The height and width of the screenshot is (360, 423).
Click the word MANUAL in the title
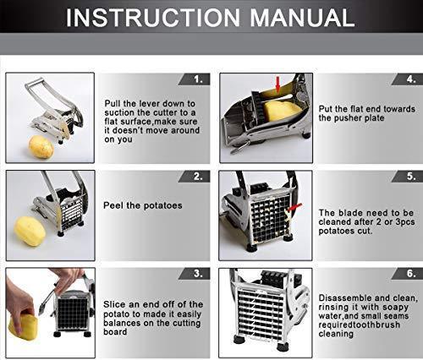[x=302, y=18]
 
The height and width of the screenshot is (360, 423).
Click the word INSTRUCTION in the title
[x=153, y=18]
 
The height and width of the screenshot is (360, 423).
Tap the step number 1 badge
[x=195, y=79]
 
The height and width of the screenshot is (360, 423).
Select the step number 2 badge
[x=195, y=177]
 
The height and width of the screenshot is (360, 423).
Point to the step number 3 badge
[x=195, y=274]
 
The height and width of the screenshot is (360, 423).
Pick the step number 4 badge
[x=408, y=79]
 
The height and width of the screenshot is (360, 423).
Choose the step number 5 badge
[x=408, y=177]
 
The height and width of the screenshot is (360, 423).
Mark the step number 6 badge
[x=408, y=274]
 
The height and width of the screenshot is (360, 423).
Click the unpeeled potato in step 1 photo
[x=41, y=147]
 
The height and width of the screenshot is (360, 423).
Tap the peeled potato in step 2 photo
[x=30, y=231]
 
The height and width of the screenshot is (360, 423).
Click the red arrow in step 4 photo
[x=278, y=85]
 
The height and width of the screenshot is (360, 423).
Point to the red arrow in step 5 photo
[x=294, y=208]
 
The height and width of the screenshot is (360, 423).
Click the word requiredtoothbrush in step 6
[x=360, y=325]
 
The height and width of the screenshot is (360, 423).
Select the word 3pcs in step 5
[x=405, y=222]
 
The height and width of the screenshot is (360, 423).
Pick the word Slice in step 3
[x=113, y=304]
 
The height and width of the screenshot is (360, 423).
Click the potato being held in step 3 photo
[x=23, y=327]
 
